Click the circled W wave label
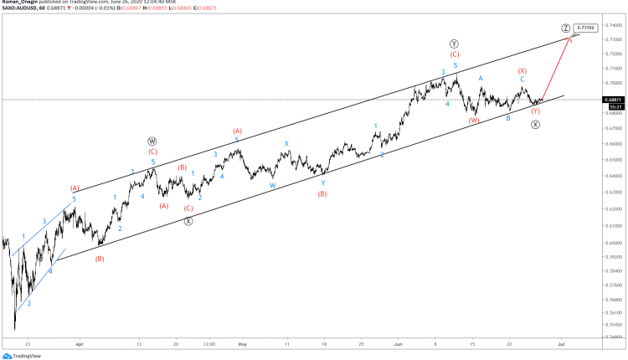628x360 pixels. [x=152, y=141]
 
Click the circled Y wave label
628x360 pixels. [x=454, y=43]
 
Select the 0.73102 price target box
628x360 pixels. [x=589, y=28]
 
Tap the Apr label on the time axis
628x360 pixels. [x=80, y=343]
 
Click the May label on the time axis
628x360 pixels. [x=242, y=343]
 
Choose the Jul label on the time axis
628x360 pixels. [x=561, y=343]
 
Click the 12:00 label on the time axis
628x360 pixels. [x=208, y=343]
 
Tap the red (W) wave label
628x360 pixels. [x=474, y=121]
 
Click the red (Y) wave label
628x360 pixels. [x=536, y=111]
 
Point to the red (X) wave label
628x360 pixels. [x=522, y=71]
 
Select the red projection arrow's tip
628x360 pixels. [x=570, y=36]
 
